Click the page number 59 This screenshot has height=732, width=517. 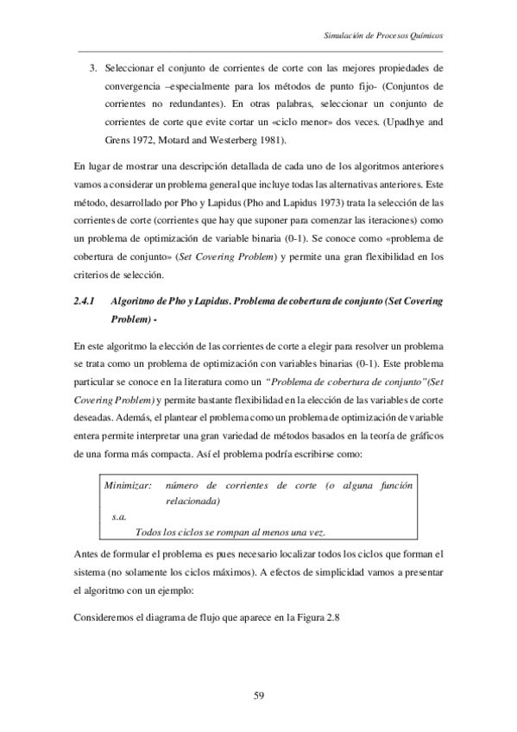(258, 693)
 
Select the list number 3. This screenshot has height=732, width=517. (92, 67)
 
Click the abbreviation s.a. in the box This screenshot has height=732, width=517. (120, 516)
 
